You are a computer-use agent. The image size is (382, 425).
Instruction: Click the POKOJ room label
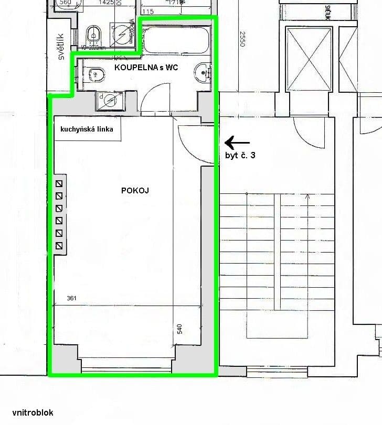[x=134, y=191]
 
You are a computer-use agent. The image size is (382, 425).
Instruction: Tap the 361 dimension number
[x=72, y=298]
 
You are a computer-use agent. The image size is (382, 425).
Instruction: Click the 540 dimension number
[x=179, y=329]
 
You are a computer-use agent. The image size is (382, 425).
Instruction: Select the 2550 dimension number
[x=242, y=40]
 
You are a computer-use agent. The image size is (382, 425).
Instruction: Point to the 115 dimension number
[x=147, y=12]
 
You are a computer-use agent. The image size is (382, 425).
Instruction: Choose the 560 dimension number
[x=66, y=3]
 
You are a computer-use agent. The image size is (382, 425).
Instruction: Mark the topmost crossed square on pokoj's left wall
[x=59, y=183]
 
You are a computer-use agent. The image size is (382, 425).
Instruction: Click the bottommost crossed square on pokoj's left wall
[x=59, y=246]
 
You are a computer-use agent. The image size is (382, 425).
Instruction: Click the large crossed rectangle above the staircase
[x=310, y=59]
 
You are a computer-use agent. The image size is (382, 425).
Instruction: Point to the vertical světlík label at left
[x=61, y=47]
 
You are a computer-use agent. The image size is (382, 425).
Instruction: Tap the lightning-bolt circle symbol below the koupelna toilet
[x=110, y=99]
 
